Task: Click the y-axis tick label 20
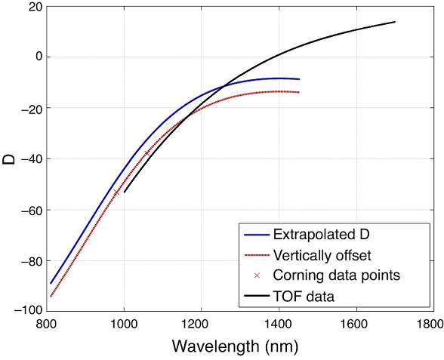(x=32, y=7)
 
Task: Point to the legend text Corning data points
(x=325, y=276)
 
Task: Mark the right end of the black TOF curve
(x=395, y=22)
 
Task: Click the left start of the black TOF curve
(x=124, y=192)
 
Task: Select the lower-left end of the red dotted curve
(x=51, y=296)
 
